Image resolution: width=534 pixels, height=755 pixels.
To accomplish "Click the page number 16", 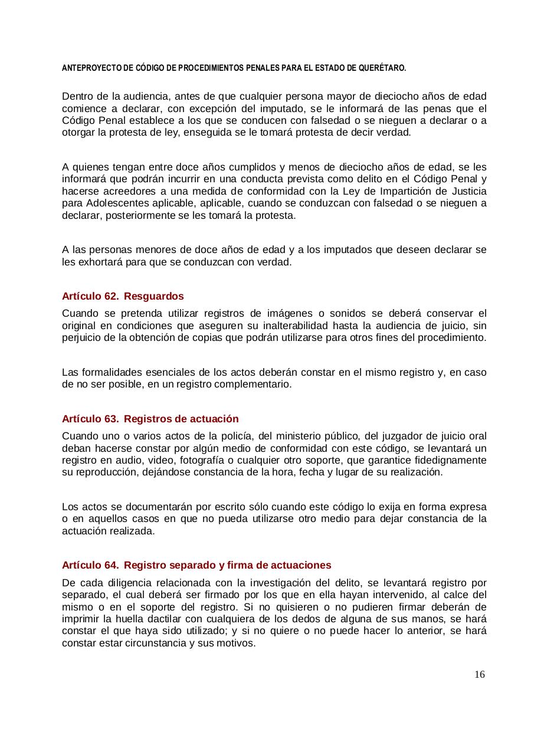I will [479, 674].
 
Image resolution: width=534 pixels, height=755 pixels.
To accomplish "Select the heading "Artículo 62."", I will [90, 296].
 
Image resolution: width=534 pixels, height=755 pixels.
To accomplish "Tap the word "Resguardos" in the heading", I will [154, 296].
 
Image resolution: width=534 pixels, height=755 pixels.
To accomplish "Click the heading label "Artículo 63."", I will [90, 419].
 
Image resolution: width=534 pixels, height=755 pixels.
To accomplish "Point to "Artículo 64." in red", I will [90, 565].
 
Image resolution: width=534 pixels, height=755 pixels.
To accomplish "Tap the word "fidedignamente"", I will [451, 460].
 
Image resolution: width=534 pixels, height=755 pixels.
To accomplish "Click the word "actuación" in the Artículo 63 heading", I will [214, 419].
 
